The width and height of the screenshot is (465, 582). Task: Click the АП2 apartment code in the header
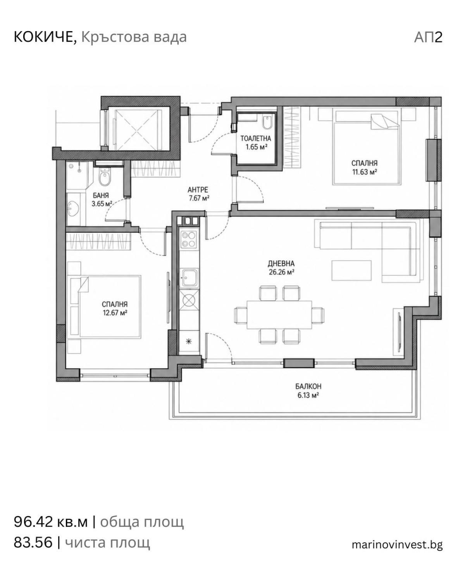428,37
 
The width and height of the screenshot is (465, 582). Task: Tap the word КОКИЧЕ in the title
45,37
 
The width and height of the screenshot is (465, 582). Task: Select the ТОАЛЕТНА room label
255,139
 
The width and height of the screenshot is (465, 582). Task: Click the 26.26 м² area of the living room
281,272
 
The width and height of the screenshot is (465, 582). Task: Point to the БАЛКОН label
308,386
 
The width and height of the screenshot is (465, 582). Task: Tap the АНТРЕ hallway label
198,189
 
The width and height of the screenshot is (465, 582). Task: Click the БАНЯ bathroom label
101,195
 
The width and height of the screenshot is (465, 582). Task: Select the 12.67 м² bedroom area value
115,313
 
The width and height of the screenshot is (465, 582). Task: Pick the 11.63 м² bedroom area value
365,172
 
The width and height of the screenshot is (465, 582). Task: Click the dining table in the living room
279,314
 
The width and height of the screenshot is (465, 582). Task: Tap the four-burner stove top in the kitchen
189,239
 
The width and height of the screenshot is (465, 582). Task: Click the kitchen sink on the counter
189,278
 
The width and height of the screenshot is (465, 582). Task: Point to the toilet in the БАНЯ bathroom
104,177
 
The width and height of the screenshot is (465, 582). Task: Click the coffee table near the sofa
351,270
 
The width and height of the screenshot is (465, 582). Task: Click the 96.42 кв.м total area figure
51,522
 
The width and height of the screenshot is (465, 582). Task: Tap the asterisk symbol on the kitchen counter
189,341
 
